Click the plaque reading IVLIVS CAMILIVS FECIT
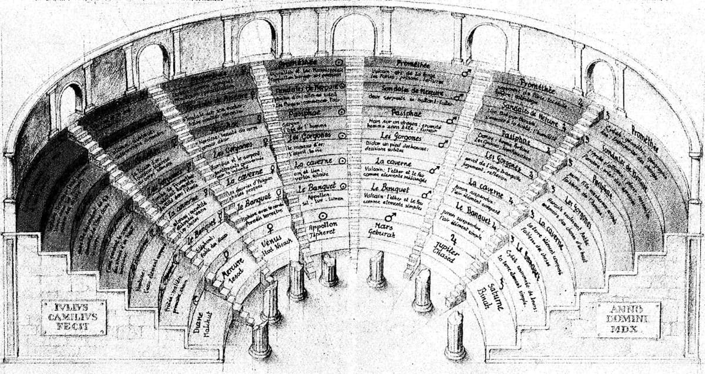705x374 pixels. click(x=73, y=317)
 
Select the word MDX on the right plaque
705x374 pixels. click(x=627, y=331)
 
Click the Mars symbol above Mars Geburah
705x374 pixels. click(x=389, y=216)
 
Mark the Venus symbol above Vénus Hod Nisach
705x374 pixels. click(x=270, y=227)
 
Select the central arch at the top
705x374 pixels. click(x=353, y=35)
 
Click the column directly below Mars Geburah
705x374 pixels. click(x=376, y=270)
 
